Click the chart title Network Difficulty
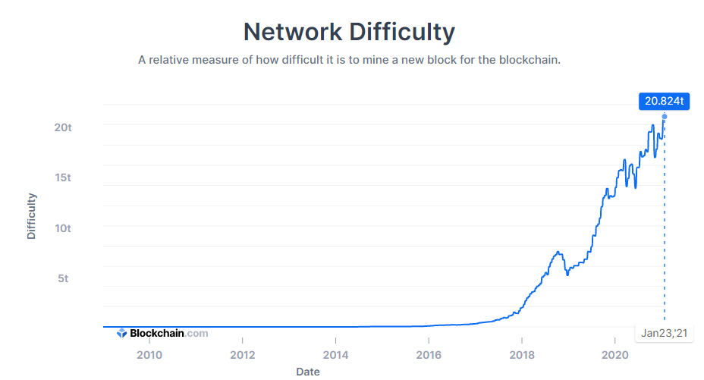(349, 33)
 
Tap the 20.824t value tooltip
(664, 101)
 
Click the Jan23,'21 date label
(664, 333)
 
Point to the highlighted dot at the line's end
(665, 117)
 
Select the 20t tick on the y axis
(63, 127)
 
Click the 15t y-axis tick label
(63, 177)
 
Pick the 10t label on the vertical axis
(63, 228)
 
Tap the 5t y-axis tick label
(63, 278)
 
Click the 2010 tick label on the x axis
(149, 355)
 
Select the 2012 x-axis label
(243, 355)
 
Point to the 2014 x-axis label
(335, 355)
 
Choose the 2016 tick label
(429, 355)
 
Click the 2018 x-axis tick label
(522, 355)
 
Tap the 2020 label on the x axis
(614, 355)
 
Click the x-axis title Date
(308, 372)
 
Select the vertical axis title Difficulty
(31, 216)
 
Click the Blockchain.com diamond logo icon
(121, 333)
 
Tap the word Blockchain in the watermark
(157, 333)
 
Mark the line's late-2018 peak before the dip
(558, 252)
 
